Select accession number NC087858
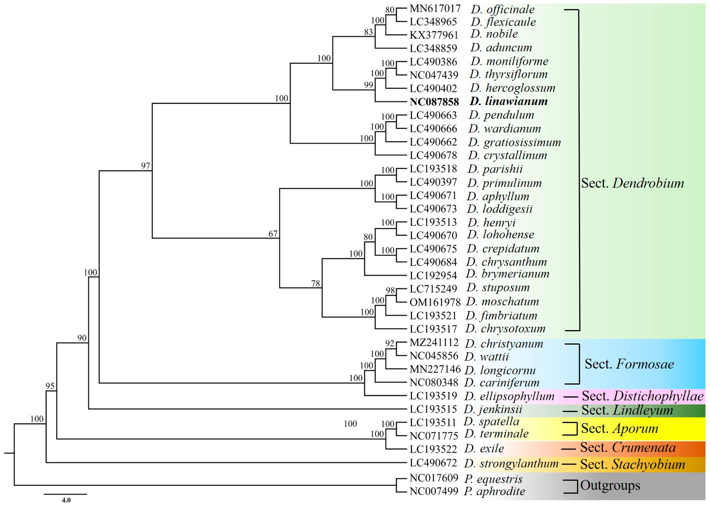pos(434,102)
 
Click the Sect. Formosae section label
pos(629,364)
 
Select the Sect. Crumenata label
pos(628,448)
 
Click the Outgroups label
pos(610,485)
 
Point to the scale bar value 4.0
pos(66,500)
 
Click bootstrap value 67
pos(273,234)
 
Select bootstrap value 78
pos(315,283)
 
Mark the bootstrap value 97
pos(145,166)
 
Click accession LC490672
pos(433,463)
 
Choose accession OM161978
pos(435,302)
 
